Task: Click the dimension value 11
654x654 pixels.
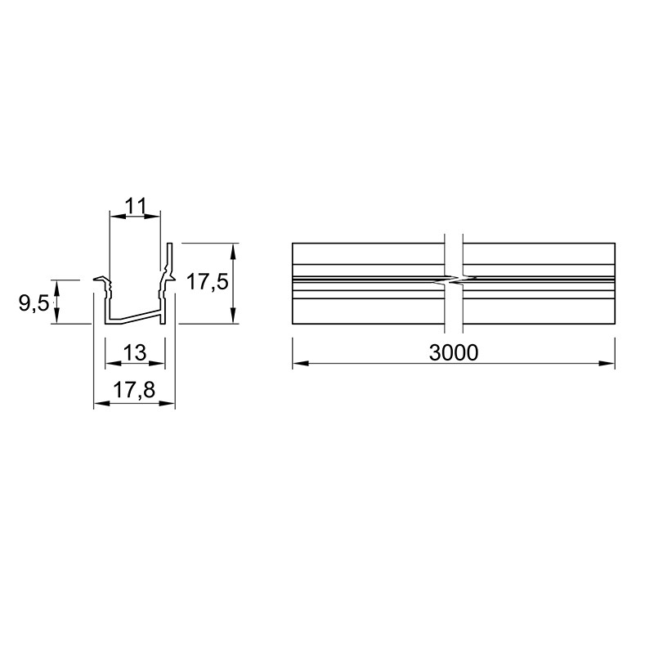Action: pyautogui.click(x=136, y=207)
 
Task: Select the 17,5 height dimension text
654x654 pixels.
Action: pyautogui.click(x=208, y=281)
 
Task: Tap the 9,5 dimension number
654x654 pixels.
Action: pyautogui.click(x=34, y=302)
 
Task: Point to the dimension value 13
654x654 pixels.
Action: pyautogui.click(x=135, y=353)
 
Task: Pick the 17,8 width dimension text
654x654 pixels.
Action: pyautogui.click(x=134, y=391)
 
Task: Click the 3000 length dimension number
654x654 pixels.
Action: pyautogui.click(x=454, y=353)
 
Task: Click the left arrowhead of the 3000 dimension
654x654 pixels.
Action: pyautogui.click(x=300, y=363)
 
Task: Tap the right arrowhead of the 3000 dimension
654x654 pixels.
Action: pyautogui.click(x=607, y=363)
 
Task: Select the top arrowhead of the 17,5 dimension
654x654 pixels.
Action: pyautogui.click(x=233, y=251)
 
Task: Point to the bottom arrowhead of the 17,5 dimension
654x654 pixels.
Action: pyautogui.click(x=233, y=316)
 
